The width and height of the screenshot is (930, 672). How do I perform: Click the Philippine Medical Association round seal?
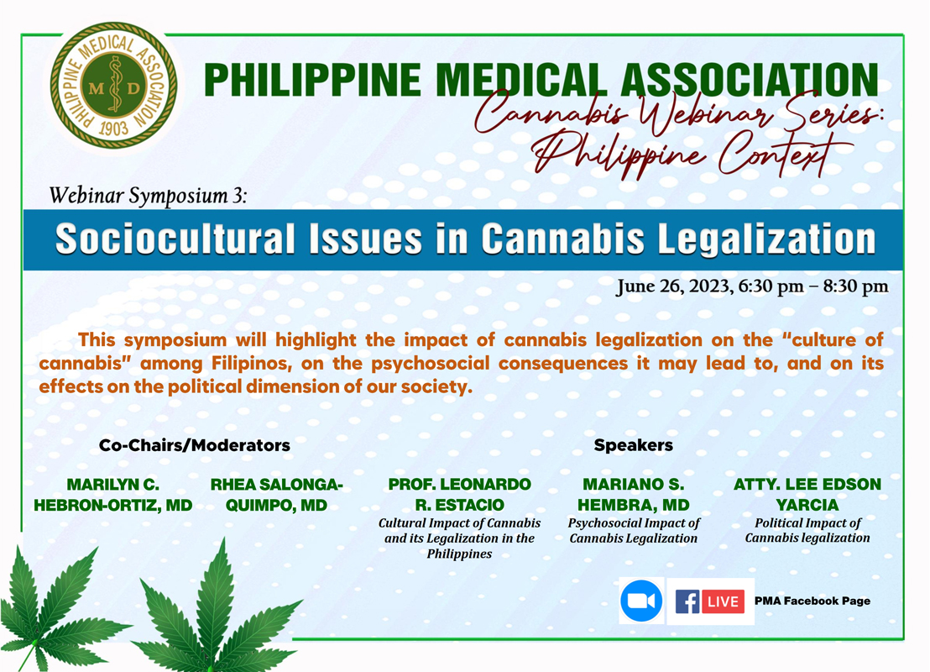click(x=113, y=86)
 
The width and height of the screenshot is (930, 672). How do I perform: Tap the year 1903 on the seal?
click(x=114, y=129)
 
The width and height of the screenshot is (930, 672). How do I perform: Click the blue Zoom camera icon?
click(x=641, y=601)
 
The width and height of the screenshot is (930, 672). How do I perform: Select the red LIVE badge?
click(x=723, y=601)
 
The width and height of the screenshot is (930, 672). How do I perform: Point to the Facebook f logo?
click(x=687, y=601)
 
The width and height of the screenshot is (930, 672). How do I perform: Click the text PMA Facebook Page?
click(x=812, y=601)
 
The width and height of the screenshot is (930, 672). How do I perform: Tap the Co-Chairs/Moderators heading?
click(x=195, y=445)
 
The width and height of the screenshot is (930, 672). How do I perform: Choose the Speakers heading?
click(x=634, y=445)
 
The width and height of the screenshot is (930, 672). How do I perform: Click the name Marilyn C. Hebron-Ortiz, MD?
click(x=112, y=495)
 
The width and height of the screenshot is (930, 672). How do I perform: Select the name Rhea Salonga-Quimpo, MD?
click(x=276, y=495)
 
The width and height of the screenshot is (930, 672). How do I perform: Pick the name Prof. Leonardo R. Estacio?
click(x=459, y=495)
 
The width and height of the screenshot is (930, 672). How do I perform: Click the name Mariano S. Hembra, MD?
click(x=634, y=495)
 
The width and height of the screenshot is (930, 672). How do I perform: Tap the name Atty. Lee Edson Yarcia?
click(x=807, y=495)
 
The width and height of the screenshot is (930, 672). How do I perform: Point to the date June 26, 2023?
click(x=673, y=286)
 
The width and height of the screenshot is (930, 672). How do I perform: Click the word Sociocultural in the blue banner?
click(x=175, y=239)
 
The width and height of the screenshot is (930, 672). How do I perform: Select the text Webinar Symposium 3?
click(x=148, y=196)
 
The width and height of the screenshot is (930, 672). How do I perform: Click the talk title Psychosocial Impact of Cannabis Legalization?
click(x=634, y=531)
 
